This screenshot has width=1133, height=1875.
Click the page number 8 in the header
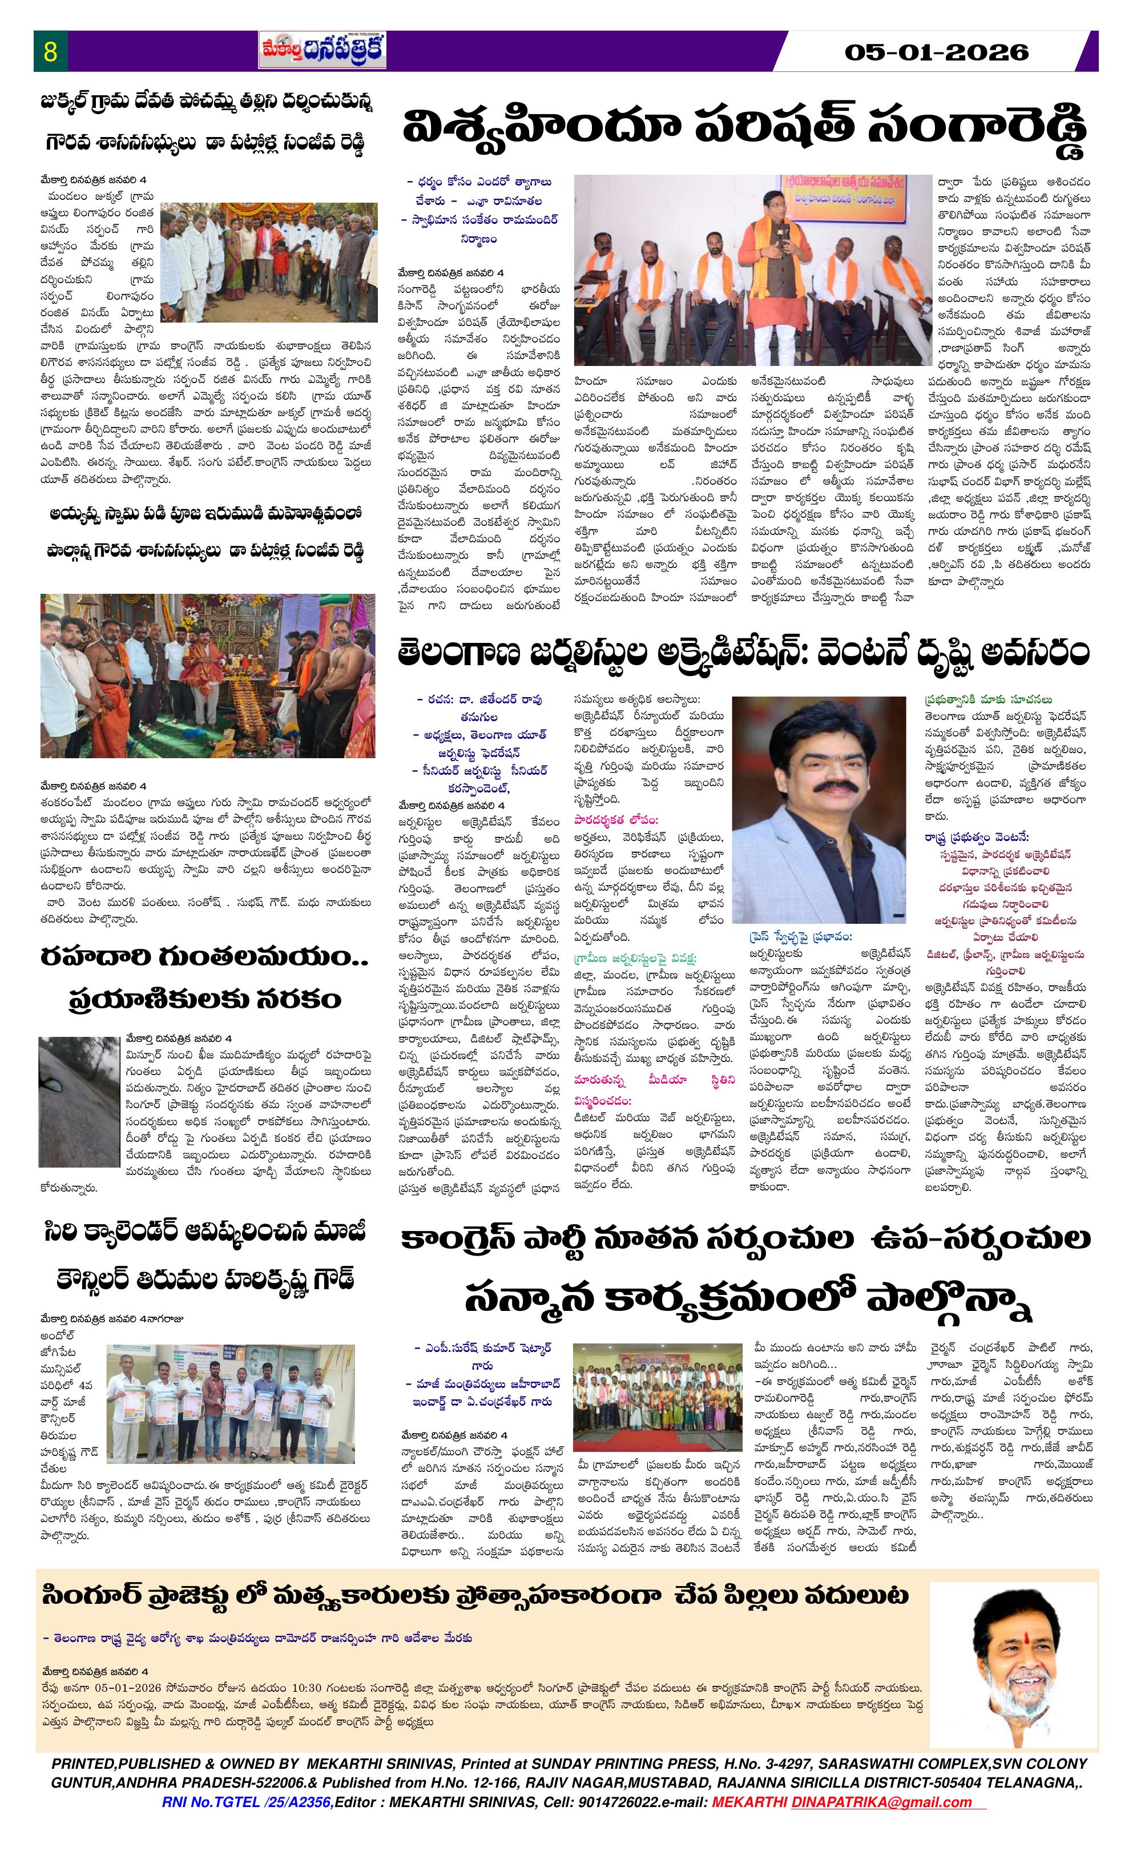pos(51,53)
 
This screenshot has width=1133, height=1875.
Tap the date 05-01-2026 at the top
pos(936,53)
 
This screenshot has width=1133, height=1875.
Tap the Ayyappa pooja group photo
pos(208,665)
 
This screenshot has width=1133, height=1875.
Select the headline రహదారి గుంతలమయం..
pos(205,959)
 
